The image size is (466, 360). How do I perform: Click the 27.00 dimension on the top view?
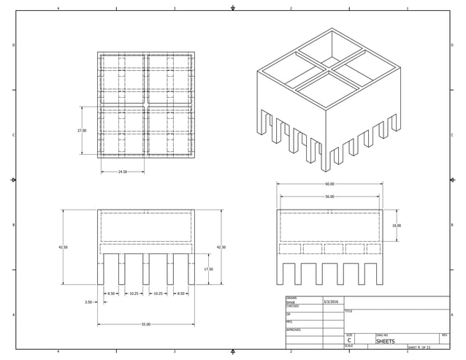[x=82, y=131]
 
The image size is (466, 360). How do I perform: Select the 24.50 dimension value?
[x=123, y=172]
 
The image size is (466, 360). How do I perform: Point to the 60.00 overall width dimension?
[x=329, y=184]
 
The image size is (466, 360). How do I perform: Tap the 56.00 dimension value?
[x=329, y=196]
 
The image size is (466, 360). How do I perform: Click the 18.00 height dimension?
[x=396, y=226]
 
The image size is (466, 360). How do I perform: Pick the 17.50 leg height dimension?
[x=208, y=269]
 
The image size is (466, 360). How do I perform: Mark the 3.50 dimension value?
[x=88, y=301]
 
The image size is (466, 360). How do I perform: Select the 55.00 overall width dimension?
[x=146, y=324]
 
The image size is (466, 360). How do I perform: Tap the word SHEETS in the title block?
[x=385, y=341]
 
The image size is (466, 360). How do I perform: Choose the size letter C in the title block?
[x=349, y=341]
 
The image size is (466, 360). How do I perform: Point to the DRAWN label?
[x=291, y=298]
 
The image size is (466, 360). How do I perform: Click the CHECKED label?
[x=293, y=306]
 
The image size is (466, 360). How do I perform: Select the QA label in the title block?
[x=289, y=314]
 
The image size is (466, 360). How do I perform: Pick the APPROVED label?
[x=294, y=330]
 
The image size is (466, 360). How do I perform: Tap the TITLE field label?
[x=348, y=311]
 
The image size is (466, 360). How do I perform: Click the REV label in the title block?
[x=445, y=335]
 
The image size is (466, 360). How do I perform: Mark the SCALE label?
[x=349, y=346]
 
